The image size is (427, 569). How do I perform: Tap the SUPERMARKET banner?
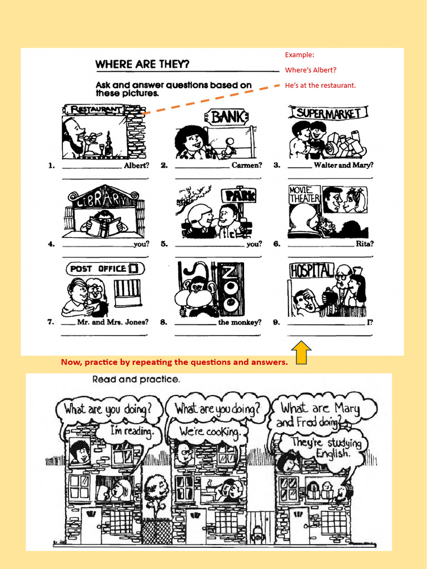click(329, 113)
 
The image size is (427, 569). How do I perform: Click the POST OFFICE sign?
click(105, 268)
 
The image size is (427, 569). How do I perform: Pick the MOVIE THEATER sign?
click(304, 194)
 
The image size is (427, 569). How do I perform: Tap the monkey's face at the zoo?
click(197, 289)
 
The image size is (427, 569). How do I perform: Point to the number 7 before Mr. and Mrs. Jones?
click(51, 322)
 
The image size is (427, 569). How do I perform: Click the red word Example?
click(300, 54)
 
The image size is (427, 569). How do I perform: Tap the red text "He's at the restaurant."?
click(320, 85)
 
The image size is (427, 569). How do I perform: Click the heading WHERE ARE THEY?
click(142, 64)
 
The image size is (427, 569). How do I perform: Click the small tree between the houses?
click(156, 490)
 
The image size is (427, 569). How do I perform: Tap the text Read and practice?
click(136, 380)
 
